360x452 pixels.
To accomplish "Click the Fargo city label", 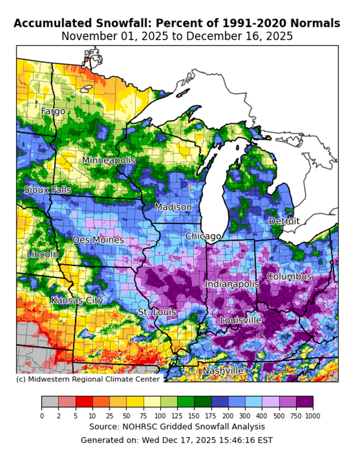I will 53,112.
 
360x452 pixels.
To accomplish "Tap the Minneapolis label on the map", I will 109,161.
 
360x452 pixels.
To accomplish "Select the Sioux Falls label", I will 47,190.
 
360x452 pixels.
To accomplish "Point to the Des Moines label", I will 98,240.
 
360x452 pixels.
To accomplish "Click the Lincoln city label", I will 43,254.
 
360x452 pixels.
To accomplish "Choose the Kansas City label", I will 76,300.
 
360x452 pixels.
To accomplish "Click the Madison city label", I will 173,207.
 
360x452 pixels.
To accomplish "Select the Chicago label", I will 203,236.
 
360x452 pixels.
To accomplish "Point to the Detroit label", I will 284,221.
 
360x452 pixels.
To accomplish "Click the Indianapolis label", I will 232,284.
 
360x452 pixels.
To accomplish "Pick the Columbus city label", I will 289,276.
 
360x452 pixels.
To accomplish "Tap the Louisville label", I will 241,320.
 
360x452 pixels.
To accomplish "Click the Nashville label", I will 223,370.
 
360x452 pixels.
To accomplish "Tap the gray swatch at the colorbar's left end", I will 50,402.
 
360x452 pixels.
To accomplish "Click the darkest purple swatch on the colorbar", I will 305,402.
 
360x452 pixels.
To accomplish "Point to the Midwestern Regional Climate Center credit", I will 88,379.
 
